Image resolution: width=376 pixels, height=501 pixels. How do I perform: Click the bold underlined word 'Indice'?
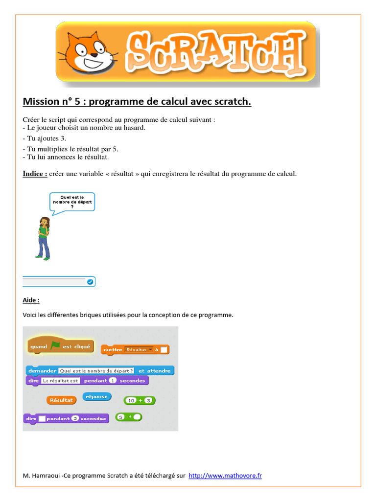coord(35,174)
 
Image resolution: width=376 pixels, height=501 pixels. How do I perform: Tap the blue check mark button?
coord(90,282)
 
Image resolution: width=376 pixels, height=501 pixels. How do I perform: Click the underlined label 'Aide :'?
coord(31,300)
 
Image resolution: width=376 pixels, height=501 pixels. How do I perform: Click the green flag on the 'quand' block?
coord(55,345)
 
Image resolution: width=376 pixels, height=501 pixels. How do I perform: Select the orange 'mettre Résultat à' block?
coord(135,349)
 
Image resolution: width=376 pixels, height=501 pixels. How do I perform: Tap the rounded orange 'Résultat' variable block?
coord(61,400)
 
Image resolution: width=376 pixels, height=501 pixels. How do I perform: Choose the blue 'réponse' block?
coord(96,396)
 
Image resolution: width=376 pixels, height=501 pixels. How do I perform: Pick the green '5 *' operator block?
coord(128,417)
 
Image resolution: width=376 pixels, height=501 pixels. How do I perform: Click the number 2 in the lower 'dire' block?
coord(75,418)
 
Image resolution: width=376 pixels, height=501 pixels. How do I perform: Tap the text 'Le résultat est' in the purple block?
coord(61,381)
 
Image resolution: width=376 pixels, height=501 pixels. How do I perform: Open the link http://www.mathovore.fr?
coord(225,476)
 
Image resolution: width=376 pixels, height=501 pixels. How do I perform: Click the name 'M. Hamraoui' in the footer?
coord(42,476)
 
